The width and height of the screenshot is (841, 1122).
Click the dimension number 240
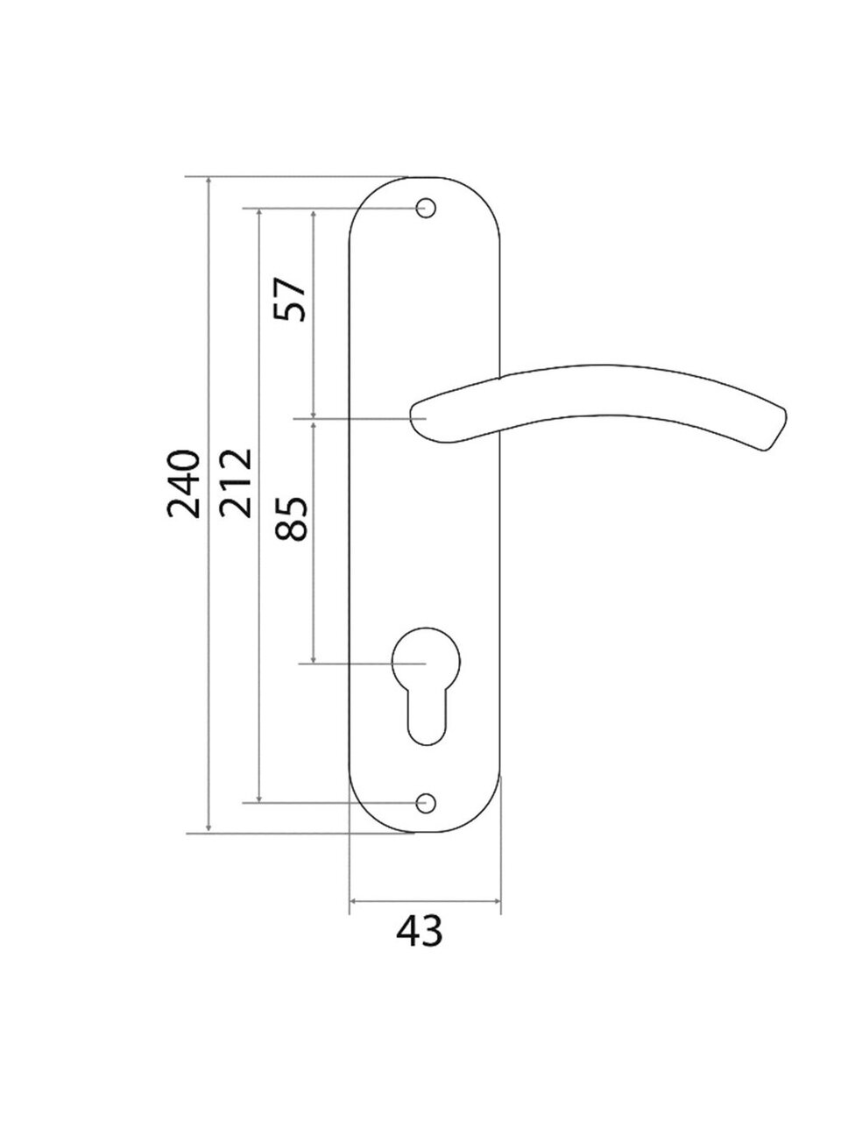[183, 484]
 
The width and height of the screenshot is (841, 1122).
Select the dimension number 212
[236, 483]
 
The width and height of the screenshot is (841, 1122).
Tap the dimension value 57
[290, 299]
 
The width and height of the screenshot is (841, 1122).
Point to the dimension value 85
[291, 518]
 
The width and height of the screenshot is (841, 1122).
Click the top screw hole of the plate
[426, 208]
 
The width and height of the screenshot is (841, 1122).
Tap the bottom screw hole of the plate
[426, 803]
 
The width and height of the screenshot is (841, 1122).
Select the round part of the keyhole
[426, 661]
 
